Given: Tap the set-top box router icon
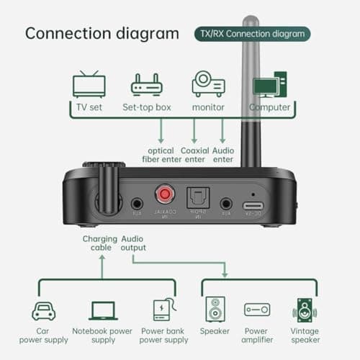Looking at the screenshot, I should coord(146,86).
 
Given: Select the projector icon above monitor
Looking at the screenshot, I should coord(208,84).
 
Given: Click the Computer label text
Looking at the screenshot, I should coord(270,107).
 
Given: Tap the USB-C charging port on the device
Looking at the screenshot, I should coord(253,204).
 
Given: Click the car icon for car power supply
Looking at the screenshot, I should coord(45,311).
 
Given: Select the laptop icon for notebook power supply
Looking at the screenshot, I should coord(103,311).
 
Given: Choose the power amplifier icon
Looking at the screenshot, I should coord(257,310).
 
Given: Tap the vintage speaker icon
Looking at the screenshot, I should coord(305,310).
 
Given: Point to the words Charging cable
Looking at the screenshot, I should coord(99,243).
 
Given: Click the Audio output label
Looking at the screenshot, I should coord(133,243).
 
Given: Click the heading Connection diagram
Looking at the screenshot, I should coord(102,33).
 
